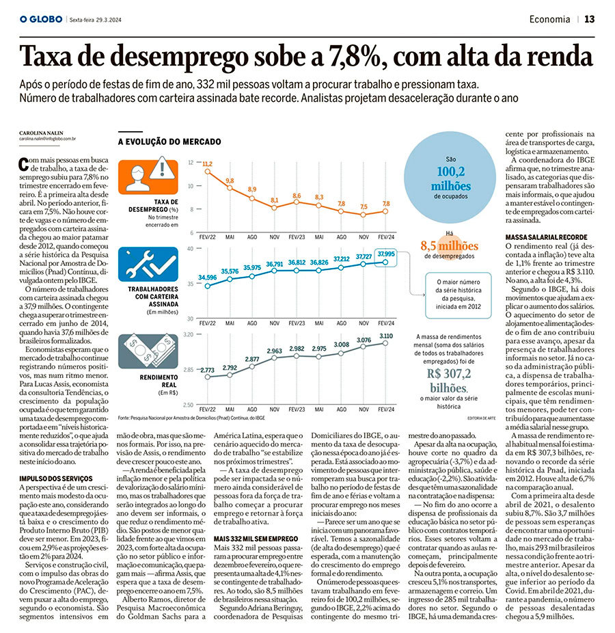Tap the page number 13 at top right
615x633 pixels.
pos(589,19)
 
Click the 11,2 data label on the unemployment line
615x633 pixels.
pos(207,163)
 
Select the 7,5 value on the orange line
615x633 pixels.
pos(364,206)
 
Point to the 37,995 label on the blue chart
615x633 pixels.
pos(386,253)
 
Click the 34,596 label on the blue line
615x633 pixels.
pos(207,277)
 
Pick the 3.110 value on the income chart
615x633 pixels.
pos(386,336)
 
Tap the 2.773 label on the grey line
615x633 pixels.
pos(207,370)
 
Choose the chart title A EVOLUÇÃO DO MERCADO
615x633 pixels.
pos(169,142)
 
